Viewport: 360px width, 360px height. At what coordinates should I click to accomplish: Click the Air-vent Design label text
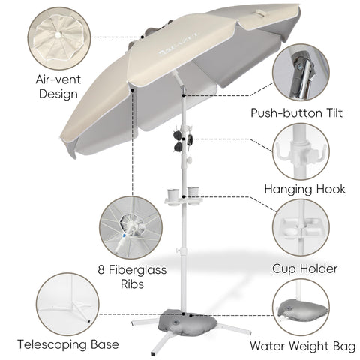click(x=58, y=87)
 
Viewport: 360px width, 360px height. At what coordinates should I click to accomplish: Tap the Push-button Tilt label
click(x=296, y=113)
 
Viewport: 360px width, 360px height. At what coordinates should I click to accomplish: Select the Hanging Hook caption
click(x=305, y=189)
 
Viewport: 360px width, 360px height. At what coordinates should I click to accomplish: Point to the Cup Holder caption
click(x=304, y=268)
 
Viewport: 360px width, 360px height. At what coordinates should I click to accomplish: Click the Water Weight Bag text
click(x=303, y=346)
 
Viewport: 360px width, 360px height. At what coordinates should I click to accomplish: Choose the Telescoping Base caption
click(x=68, y=344)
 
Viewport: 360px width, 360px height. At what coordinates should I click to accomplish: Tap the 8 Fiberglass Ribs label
click(x=132, y=277)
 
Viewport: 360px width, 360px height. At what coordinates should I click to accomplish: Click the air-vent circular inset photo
click(x=59, y=38)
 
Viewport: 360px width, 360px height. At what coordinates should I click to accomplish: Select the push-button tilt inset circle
click(x=301, y=73)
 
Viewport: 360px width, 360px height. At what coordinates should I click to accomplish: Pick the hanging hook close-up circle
click(x=301, y=151)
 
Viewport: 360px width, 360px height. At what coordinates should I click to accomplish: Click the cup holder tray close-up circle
click(x=301, y=227)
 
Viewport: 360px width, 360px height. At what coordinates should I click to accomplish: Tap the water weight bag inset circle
click(x=301, y=307)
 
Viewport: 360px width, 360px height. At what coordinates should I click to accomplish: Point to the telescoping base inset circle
click(x=67, y=304)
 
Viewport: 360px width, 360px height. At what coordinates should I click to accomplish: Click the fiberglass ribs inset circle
click(x=131, y=227)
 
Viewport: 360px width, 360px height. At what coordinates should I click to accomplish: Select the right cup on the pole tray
click(x=193, y=193)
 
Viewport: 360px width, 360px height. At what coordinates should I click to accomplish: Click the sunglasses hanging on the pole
click(x=178, y=142)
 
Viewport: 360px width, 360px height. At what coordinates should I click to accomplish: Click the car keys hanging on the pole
click(x=190, y=140)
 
